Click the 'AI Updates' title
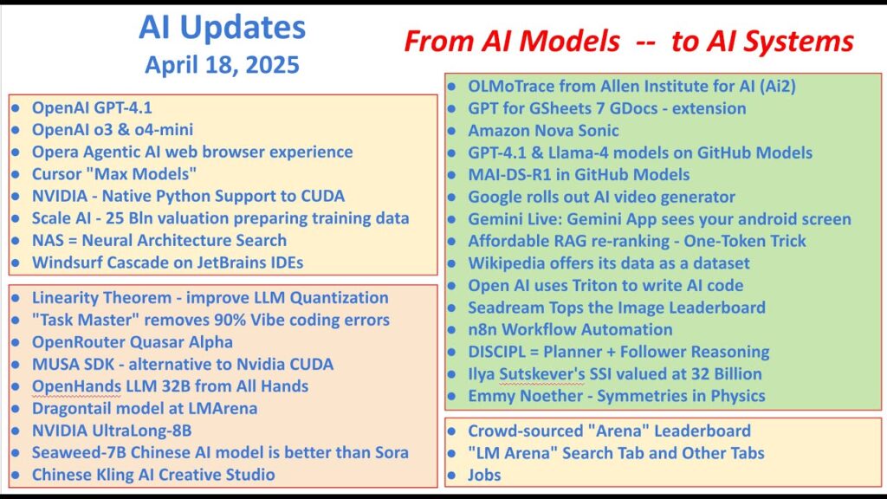point(222,27)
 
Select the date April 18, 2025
point(222,64)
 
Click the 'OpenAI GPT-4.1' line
point(92,107)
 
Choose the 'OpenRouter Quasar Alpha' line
point(133,342)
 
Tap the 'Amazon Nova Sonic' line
point(543,131)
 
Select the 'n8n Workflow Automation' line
point(570,329)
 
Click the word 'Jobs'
point(484,475)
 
